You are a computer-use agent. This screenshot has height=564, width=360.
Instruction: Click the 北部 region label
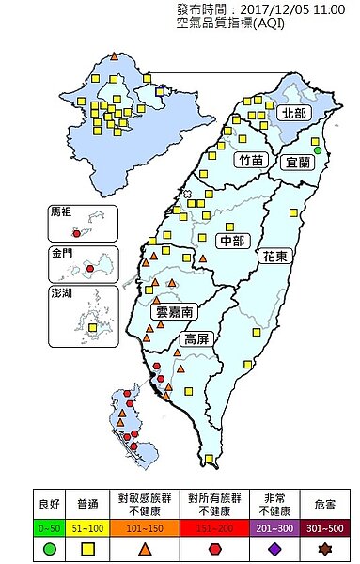(293, 113)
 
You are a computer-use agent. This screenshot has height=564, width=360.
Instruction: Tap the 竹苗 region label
(251, 160)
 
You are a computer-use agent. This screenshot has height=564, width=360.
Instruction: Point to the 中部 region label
(231, 240)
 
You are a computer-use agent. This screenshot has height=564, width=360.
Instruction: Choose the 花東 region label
(275, 255)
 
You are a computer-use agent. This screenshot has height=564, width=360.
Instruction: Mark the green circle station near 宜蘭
(318, 150)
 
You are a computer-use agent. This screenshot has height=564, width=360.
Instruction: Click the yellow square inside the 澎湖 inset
(91, 328)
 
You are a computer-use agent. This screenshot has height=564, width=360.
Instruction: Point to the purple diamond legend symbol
(278, 548)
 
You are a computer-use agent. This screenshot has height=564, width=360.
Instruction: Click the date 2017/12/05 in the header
(273, 8)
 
